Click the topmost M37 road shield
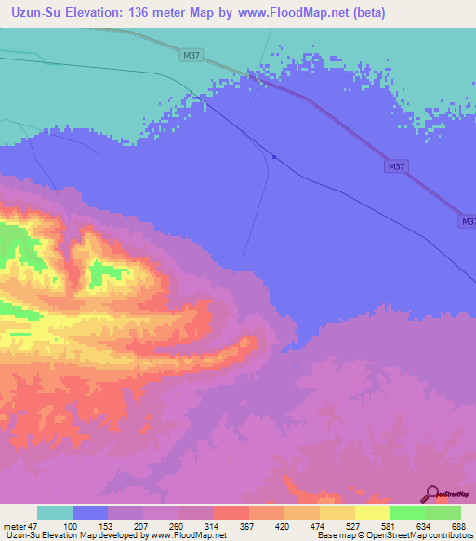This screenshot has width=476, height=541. click(192, 56)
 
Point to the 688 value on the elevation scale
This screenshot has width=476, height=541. click(459, 526)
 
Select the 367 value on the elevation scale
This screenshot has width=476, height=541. click(248, 526)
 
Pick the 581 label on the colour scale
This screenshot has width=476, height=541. click(390, 526)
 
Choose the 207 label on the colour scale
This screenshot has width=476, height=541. click(142, 526)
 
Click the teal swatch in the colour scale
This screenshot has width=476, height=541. click(55, 512)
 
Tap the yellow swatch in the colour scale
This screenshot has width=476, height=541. click(372, 512)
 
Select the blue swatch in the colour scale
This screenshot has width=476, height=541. click(90, 512)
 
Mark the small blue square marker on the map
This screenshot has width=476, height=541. click(274, 157)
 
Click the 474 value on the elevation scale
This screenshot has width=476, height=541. click(319, 526)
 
